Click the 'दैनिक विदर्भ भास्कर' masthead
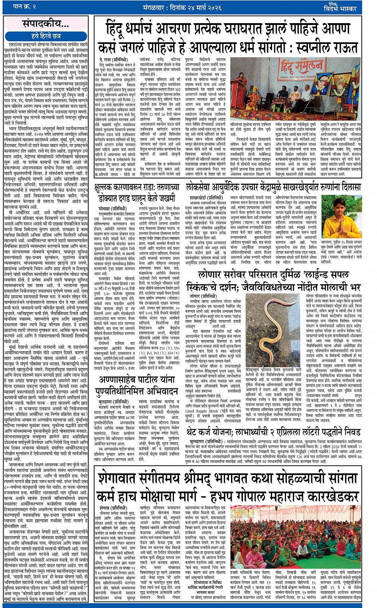tap(352, 7)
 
